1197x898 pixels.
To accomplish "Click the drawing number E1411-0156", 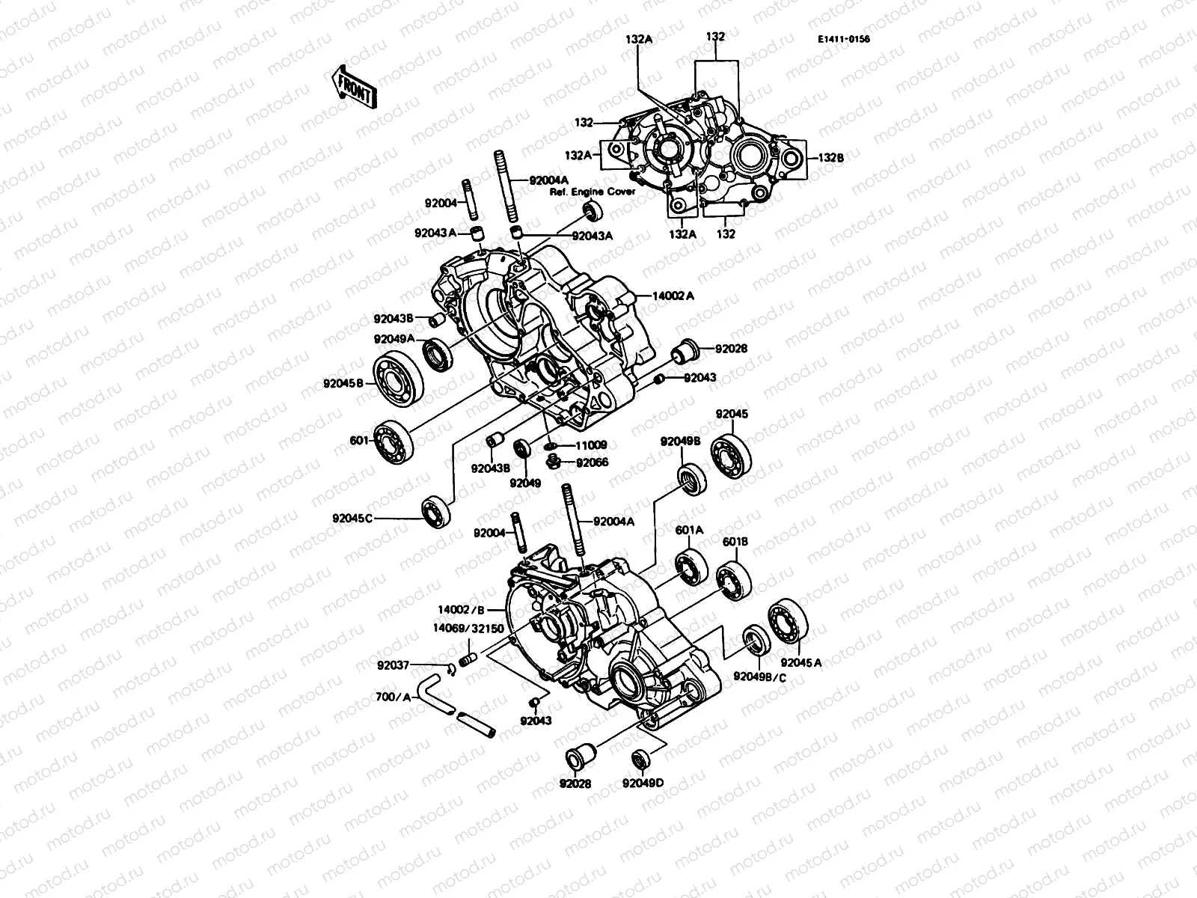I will [x=844, y=40].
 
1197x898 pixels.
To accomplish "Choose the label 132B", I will [x=830, y=158].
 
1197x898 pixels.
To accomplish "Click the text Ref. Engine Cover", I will [x=593, y=192].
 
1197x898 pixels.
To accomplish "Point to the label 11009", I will [x=591, y=445].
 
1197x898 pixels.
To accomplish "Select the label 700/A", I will [x=393, y=697].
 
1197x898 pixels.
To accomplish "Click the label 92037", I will [x=393, y=664].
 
